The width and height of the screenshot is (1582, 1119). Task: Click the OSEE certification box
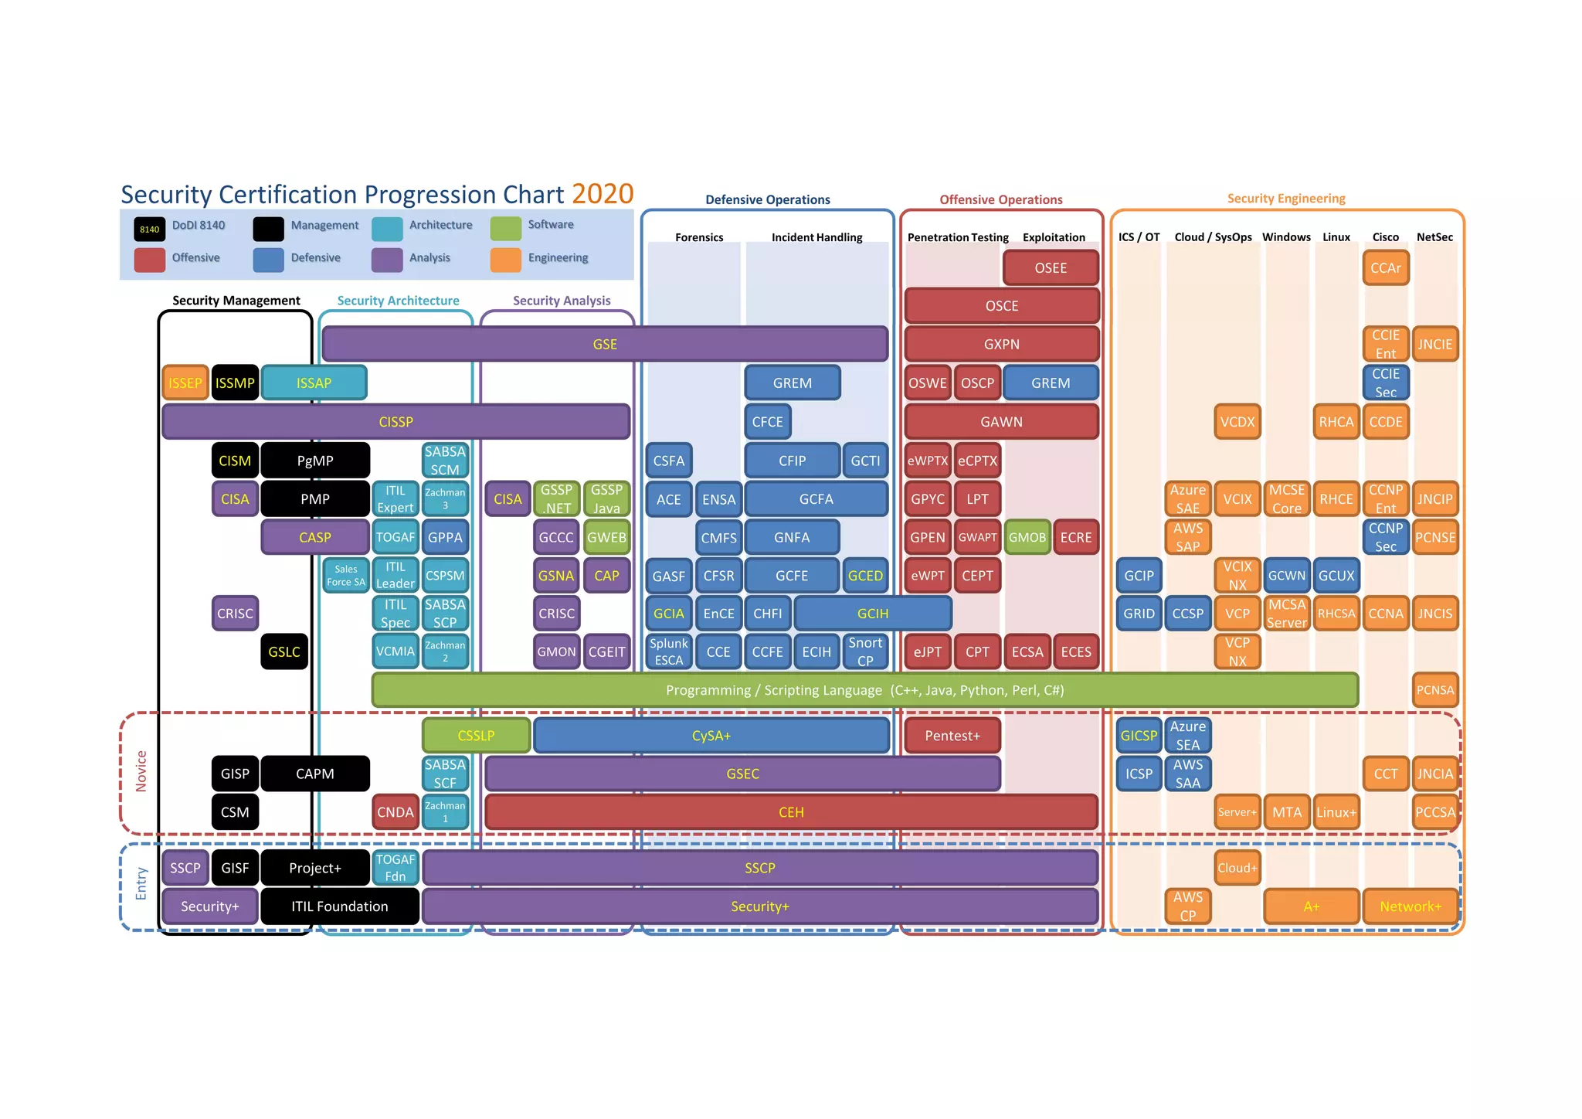(1050, 268)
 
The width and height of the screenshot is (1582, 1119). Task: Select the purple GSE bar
(605, 344)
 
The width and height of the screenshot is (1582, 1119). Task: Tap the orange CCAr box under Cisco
(1385, 268)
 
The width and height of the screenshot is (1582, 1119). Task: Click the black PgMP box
(315, 461)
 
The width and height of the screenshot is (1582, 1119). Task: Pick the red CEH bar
(791, 812)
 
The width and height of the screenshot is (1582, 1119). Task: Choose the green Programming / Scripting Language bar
(864, 690)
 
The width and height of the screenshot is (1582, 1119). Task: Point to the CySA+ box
(711, 736)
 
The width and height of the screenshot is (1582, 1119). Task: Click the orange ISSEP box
(185, 383)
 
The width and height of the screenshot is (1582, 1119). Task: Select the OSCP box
(977, 383)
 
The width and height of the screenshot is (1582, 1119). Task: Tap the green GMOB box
(1027, 537)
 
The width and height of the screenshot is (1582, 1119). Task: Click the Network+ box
(1410, 906)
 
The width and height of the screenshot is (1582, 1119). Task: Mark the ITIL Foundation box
(340, 906)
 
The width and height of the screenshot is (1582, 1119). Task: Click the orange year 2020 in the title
(603, 193)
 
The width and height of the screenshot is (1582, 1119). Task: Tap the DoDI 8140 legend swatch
(150, 229)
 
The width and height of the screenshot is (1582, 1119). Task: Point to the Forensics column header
(699, 237)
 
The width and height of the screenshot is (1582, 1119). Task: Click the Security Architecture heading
(398, 301)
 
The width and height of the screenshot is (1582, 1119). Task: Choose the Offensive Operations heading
(1000, 199)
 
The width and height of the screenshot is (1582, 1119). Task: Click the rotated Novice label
(141, 770)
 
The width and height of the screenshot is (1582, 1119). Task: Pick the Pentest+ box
(952, 736)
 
